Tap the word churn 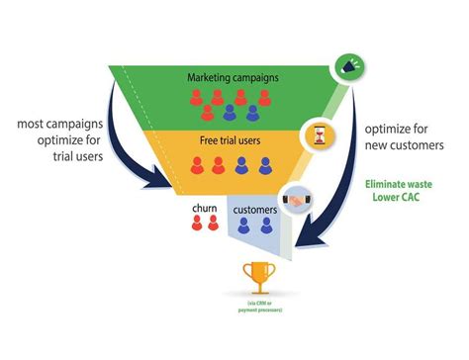coord(205,210)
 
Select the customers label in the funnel coord(254,210)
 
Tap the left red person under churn coord(197,226)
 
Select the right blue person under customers coord(266,226)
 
